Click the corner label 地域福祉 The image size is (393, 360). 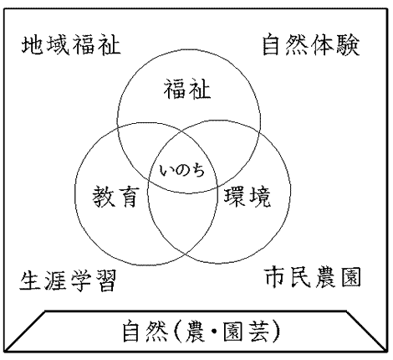point(71,45)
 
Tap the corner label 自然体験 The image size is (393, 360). point(311,44)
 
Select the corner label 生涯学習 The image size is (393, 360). point(68,280)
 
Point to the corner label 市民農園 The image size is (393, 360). point(313,277)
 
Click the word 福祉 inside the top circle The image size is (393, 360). point(187,89)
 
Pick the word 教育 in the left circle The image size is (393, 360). point(115,197)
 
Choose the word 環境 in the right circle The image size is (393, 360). point(248,197)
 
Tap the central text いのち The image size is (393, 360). point(182,170)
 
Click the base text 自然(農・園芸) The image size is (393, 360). point(202,332)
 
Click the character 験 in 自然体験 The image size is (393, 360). point(348,44)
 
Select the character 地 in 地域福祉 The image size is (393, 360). point(33,45)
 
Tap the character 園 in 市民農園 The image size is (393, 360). point(351,277)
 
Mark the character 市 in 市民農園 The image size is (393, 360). point(275,277)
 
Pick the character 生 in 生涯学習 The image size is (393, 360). point(30,280)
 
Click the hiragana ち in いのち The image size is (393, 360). point(197,170)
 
